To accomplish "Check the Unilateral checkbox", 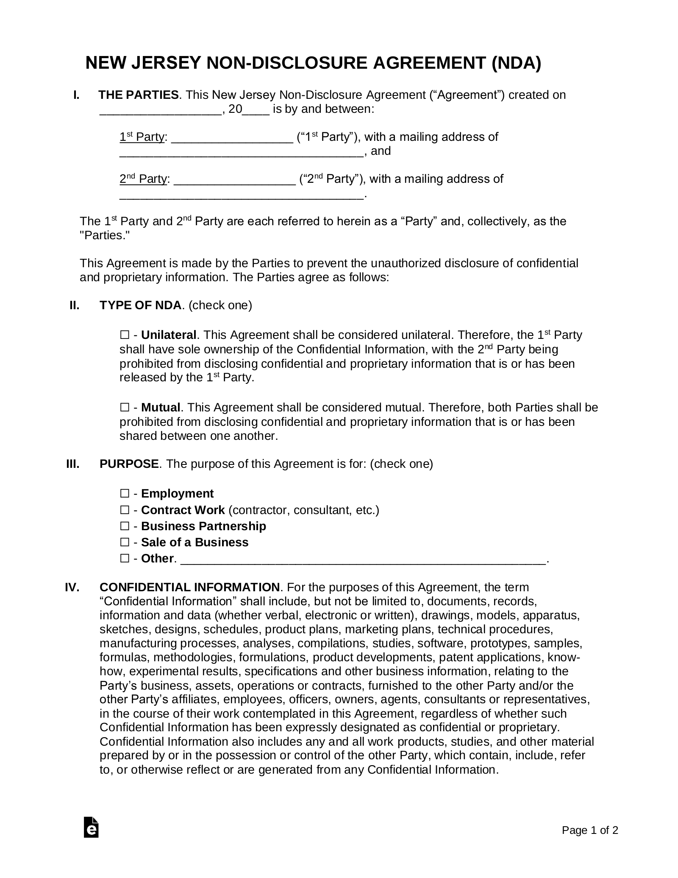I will coord(124,335).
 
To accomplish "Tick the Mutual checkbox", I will coord(124,408).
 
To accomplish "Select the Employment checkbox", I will coord(124,493).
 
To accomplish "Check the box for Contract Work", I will coord(124,510).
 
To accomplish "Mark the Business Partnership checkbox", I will coord(124,526).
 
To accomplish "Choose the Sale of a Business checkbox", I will coord(124,542).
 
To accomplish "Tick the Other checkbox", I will coord(124,559).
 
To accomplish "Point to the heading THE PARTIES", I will coord(139,95).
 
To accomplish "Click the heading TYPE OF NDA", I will coord(140,305).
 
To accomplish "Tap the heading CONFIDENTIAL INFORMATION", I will coord(189,587).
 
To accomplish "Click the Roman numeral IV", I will coord(72,587).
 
